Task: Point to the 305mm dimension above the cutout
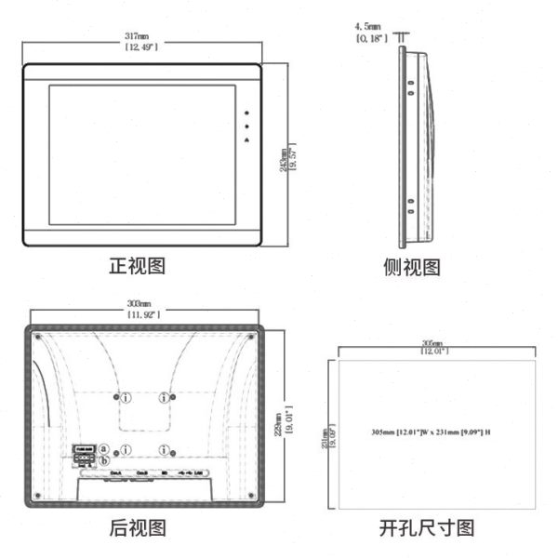coord(432,346)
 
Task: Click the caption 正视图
coord(138,267)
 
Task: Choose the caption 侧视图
coord(412,268)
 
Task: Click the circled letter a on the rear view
coord(105,450)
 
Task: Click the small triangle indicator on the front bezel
coord(247,139)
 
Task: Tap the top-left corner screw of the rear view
coord(37,335)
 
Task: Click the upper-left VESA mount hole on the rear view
coord(124,398)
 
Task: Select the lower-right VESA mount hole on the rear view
coord(164,451)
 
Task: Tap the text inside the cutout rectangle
coord(431,432)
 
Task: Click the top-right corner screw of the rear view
coord(251,335)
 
